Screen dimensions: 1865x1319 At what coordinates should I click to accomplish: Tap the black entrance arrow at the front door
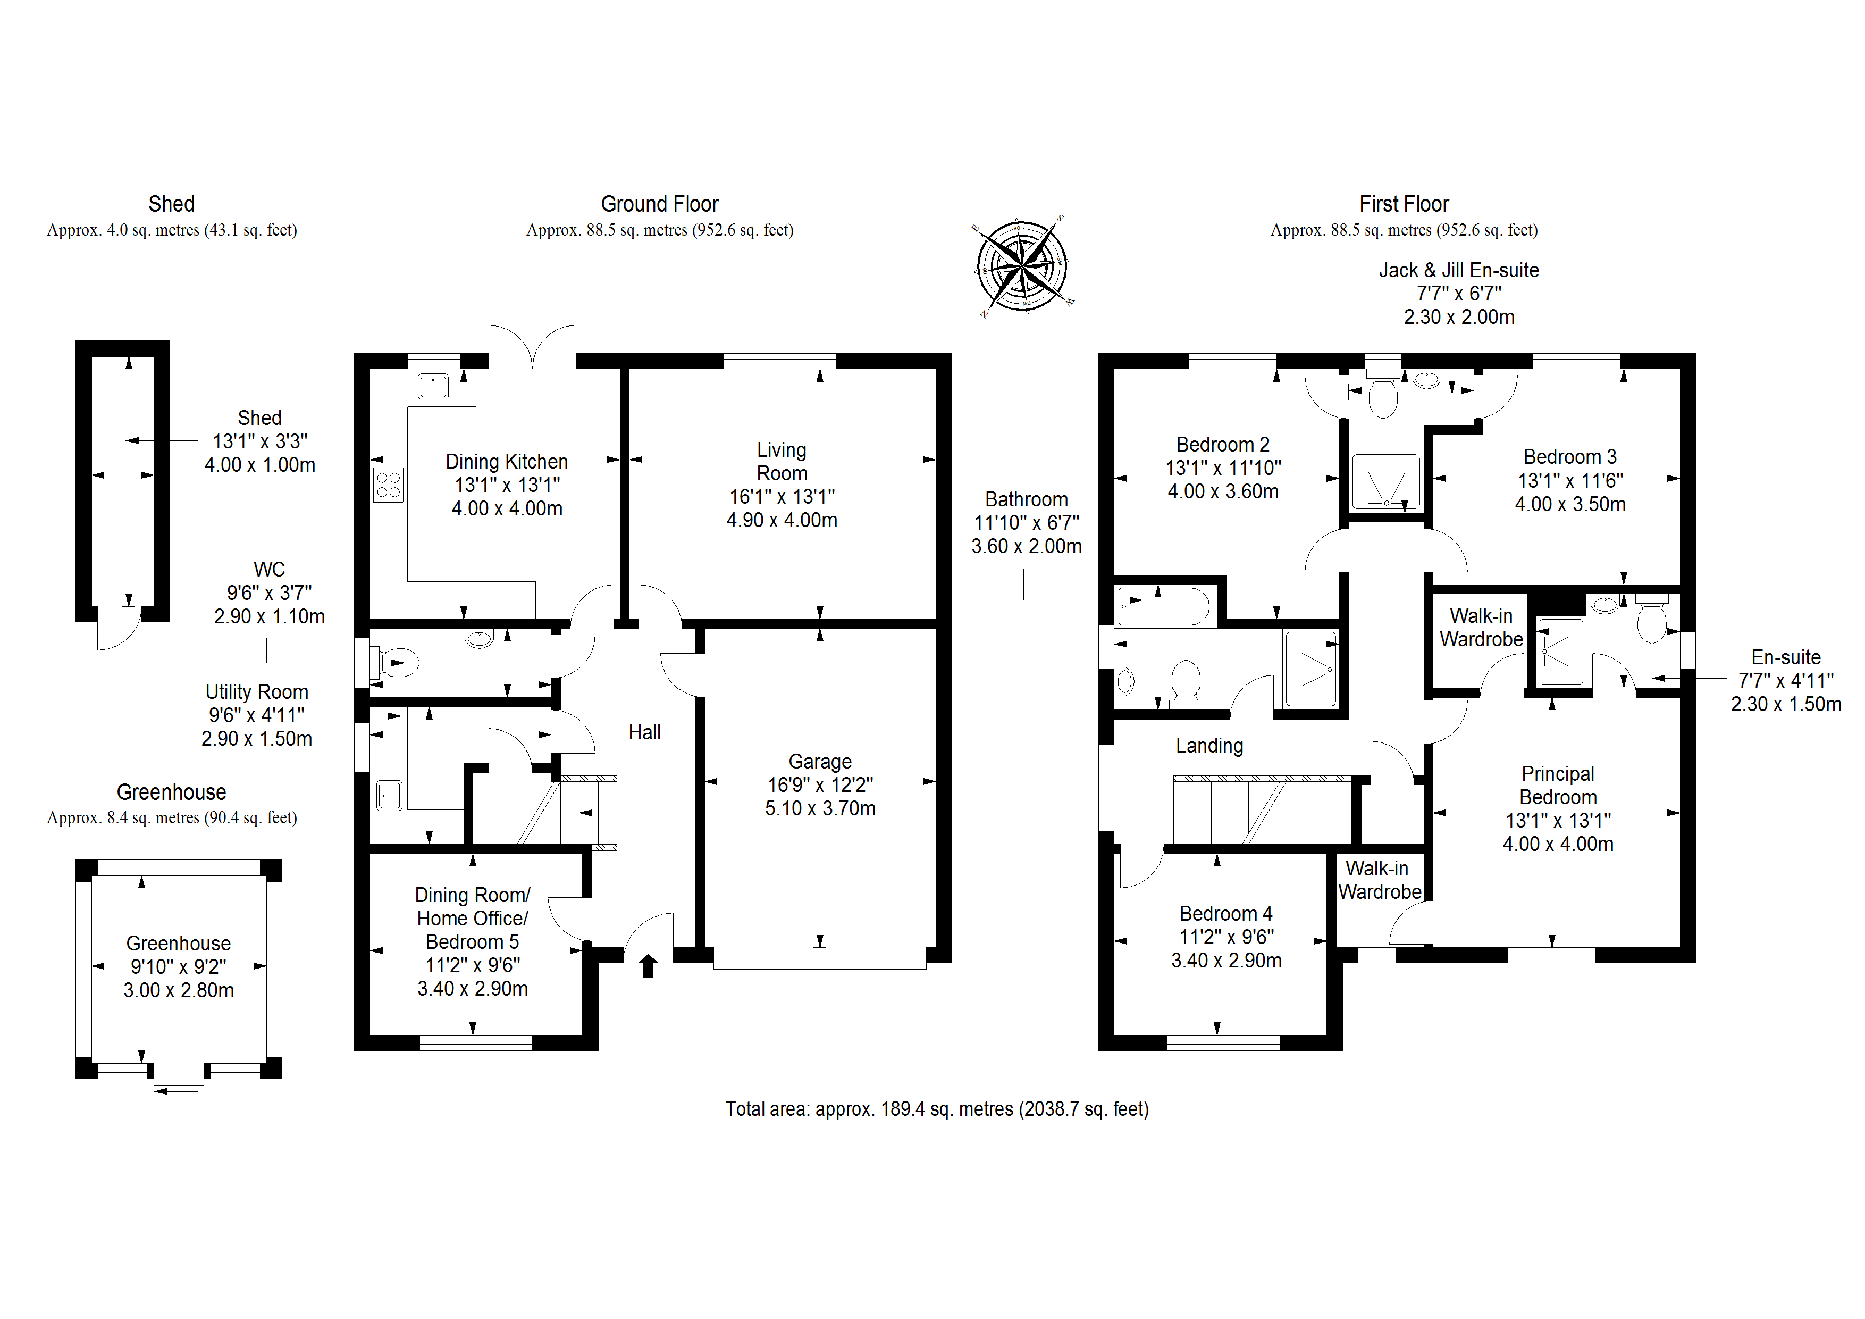(648, 965)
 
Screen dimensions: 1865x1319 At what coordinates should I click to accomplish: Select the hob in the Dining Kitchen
(388, 485)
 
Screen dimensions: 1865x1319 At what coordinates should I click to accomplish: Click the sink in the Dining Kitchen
(433, 387)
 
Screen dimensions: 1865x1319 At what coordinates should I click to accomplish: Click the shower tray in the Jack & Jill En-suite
(1386, 481)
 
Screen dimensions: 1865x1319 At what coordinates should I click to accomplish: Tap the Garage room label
(820, 762)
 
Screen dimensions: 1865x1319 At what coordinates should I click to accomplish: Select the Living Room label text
(782, 462)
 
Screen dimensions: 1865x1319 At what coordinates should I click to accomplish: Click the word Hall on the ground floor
(644, 732)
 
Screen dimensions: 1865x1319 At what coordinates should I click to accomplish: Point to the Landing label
(1208, 746)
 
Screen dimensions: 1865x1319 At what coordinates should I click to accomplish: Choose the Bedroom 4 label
(1226, 914)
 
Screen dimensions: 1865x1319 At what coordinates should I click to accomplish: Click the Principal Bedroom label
(1557, 785)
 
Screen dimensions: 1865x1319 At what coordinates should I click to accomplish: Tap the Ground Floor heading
(660, 204)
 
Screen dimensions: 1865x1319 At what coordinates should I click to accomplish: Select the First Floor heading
(1404, 204)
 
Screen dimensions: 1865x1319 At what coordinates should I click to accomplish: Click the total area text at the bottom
(937, 1109)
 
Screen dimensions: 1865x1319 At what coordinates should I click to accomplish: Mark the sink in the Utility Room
(390, 796)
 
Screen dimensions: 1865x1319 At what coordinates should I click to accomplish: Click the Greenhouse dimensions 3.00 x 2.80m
(179, 991)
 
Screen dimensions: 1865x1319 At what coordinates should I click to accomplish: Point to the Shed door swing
(118, 630)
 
